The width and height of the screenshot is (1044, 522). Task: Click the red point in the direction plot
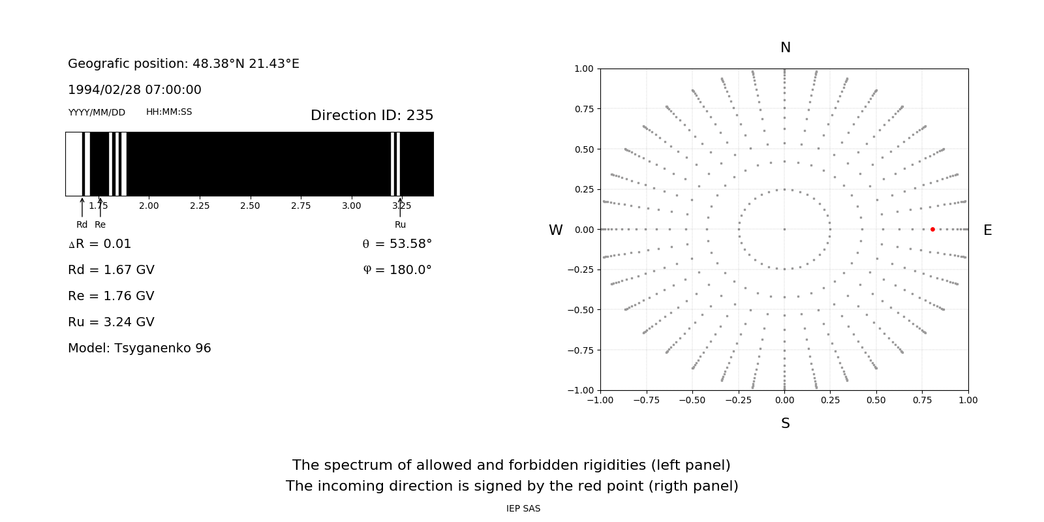[x=932, y=229]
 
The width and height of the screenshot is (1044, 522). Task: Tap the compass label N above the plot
[x=785, y=48]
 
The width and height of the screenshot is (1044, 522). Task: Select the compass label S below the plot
[x=785, y=423]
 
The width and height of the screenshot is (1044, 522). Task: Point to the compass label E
[x=987, y=230]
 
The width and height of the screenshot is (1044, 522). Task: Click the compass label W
[x=555, y=230]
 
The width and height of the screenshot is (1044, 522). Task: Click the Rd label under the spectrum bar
[x=82, y=224]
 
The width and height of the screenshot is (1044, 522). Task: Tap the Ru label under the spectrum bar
[x=400, y=224]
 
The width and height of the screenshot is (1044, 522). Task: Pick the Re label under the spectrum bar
[x=100, y=224]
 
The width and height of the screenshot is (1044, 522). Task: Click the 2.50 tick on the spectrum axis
[x=250, y=206]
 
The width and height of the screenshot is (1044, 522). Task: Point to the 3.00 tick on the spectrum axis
[x=351, y=206]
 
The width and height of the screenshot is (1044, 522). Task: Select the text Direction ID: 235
[x=372, y=115]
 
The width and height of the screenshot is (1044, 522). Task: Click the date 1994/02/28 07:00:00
[x=134, y=90]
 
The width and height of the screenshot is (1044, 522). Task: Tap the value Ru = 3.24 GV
[x=111, y=322]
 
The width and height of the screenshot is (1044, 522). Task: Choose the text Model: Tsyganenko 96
[x=140, y=348]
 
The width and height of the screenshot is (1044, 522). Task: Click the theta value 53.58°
[x=406, y=244]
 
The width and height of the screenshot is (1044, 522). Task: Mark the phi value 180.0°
[x=407, y=270]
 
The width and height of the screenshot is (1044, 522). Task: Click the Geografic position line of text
[x=183, y=64]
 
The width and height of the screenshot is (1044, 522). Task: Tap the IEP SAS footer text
[x=523, y=508]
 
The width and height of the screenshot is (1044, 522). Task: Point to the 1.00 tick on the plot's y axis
[x=583, y=69]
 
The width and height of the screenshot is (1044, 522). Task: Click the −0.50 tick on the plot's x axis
[x=692, y=400]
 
